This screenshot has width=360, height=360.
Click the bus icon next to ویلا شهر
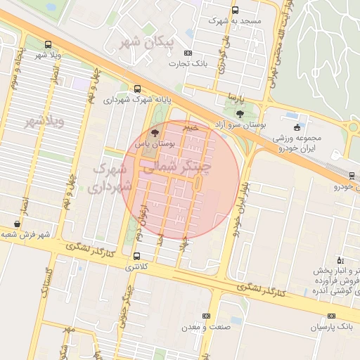click(x=47, y=44)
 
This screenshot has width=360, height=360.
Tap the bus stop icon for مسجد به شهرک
click(x=235, y=11)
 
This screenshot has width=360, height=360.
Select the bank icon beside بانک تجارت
click(x=187, y=53)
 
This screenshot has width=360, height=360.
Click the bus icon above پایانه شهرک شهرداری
click(x=136, y=89)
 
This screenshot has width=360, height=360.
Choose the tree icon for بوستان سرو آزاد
click(x=240, y=113)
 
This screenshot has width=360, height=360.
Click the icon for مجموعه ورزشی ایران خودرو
click(x=297, y=127)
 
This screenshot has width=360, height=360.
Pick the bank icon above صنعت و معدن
click(x=205, y=316)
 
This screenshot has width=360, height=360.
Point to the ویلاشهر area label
click(x=44, y=122)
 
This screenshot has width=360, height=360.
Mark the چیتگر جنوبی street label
click(x=127, y=295)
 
